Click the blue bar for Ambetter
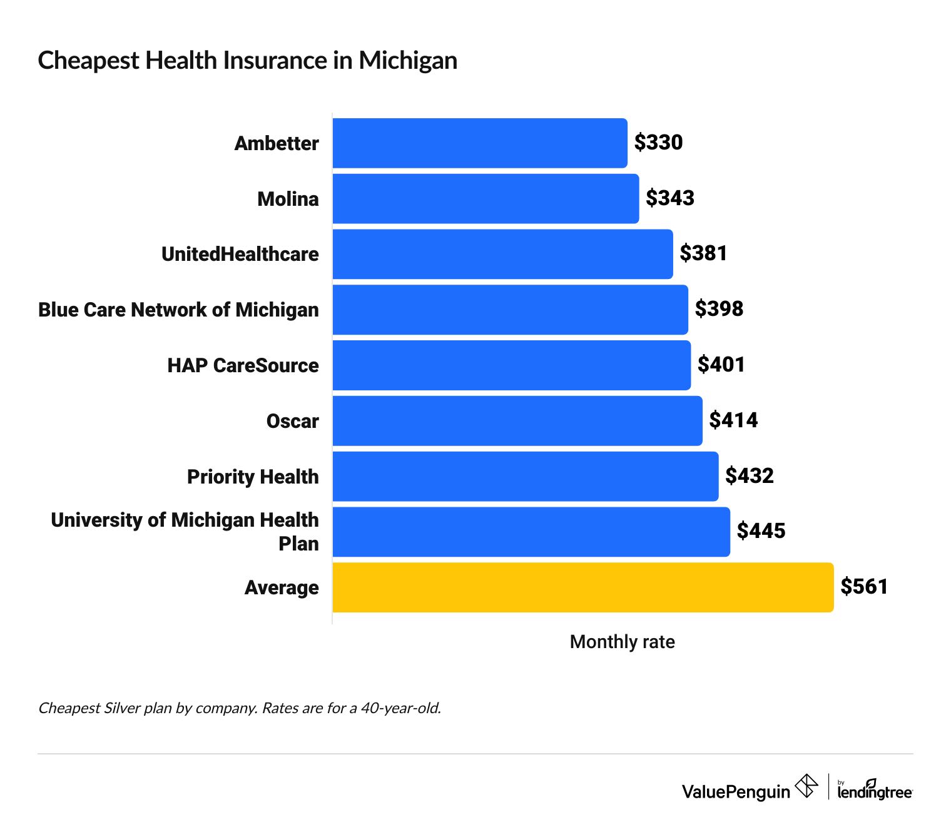[479, 143]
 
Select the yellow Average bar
[582, 587]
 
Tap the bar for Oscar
[517, 421]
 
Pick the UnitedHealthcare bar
[502, 254]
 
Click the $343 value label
[670, 198]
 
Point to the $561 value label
[864, 587]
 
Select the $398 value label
[719, 309]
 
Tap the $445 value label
[761, 531]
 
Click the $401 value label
[721, 365]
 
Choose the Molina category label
[288, 199]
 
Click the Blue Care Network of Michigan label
[178, 310]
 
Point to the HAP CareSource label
[243, 365]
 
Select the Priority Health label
[253, 477]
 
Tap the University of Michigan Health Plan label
[185, 531]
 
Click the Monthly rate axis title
[622, 642]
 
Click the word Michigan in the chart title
[407, 61]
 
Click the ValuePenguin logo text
[736, 791]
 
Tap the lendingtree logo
[874, 791]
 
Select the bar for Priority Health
[525, 477]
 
